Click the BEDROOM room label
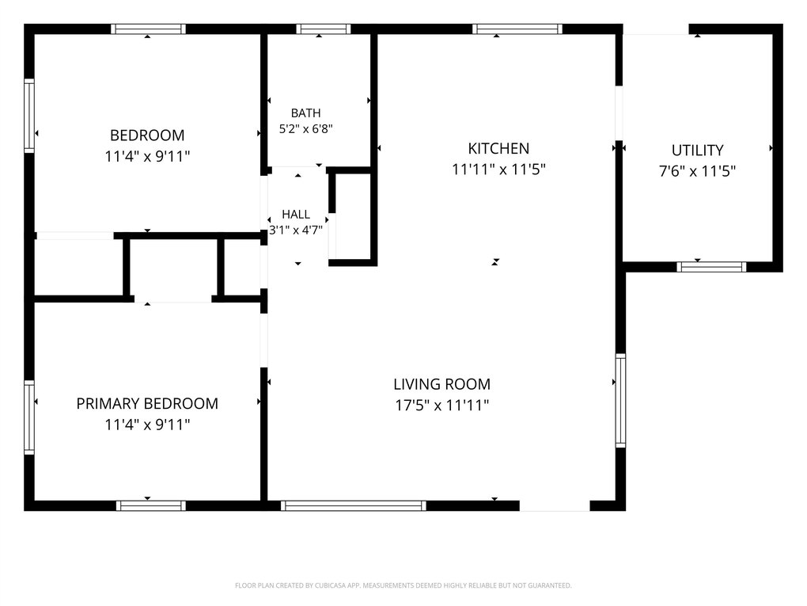click(x=147, y=135)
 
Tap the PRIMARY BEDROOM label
click(x=147, y=403)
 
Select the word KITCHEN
click(x=498, y=148)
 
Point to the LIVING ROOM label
click(x=441, y=384)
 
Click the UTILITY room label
click(x=697, y=151)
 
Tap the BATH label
click(x=305, y=112)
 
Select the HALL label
click(x=296, y=215)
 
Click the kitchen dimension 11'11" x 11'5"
click(x=498, y=169)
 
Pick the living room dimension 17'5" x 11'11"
click(x=441, y=406)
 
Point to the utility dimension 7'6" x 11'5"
click(x=697, y=171)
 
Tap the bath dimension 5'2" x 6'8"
click(x=305, y=129)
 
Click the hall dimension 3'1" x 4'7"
click(x=296, y=231)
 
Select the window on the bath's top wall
click(x=324, y=29)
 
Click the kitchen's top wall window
click(x=517, y=29)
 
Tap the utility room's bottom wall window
click(x=711, y=267)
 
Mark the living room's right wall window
click(x=621, y=400)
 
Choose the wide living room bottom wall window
click(x=354, y=505)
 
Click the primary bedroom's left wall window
click(x=29, y=417)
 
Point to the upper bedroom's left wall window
click(x=29, y=116)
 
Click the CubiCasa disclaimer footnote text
click(x=403, y=585)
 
